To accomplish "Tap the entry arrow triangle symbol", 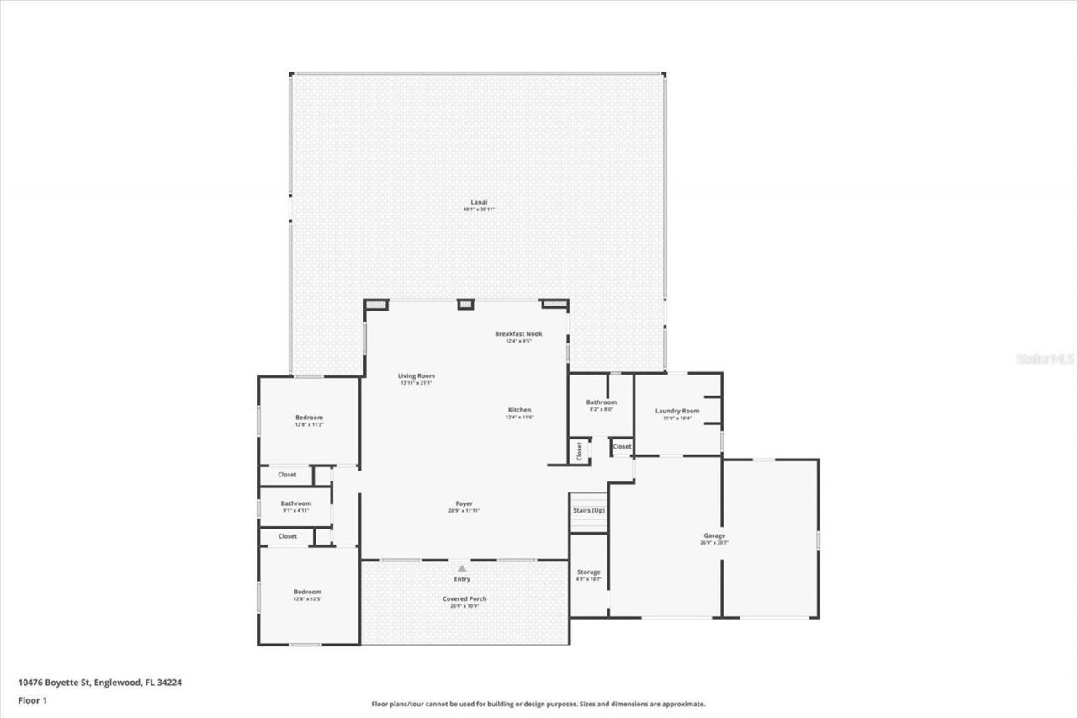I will click(461, 568).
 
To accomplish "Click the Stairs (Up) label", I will click(588, 511).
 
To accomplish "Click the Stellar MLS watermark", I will click(1045, 359).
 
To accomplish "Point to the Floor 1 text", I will click(31, 699).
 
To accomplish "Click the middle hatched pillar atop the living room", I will click(465, 304).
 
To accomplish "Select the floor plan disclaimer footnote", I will click(538, 704).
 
